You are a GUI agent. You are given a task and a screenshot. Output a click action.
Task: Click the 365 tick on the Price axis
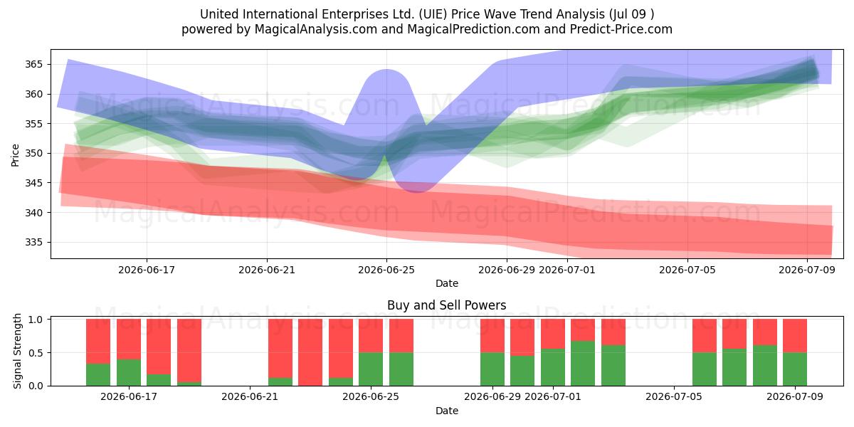(33, 64)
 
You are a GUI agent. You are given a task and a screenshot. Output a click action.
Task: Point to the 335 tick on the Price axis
(33, 242)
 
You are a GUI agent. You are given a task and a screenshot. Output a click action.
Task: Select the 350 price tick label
(33, 153)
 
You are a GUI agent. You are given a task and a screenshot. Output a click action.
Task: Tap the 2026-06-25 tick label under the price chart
(386, 270)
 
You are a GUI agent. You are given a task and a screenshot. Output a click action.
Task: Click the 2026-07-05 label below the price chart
(687, 270)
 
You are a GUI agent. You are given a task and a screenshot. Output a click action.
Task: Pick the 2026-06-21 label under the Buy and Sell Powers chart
(250, 396)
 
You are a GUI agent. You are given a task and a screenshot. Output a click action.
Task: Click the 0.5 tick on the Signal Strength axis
(36, 353)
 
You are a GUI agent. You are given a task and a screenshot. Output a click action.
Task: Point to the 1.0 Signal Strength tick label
(36, 319)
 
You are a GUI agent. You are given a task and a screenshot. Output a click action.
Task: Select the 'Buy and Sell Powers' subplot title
(446, 305)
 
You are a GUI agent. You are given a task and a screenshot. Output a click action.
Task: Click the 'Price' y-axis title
(15, 155)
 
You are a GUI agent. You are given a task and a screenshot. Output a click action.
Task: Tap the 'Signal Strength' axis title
(17, 351)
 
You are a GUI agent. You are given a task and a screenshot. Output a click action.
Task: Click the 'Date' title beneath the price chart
(447, 283)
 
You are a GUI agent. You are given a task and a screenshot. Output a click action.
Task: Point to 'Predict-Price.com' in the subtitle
(621, 29)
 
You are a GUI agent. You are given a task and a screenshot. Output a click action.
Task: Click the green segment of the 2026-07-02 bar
(583, 364)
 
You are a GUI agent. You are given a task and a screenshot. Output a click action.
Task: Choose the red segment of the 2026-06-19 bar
(189, 350)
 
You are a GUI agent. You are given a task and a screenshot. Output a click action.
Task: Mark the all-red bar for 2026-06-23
(310, 352)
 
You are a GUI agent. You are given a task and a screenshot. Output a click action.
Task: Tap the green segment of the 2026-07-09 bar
(794, 369)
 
